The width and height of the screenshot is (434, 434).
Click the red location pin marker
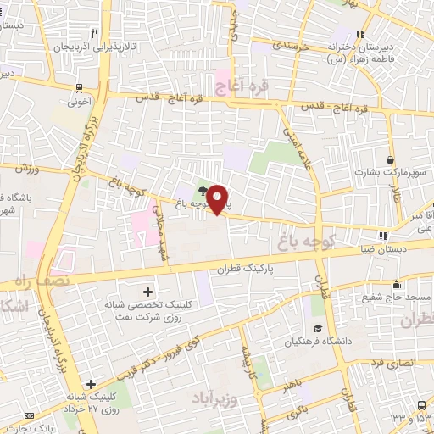[x=218, y=199]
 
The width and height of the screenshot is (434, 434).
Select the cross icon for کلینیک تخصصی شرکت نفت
[x=148, y=292]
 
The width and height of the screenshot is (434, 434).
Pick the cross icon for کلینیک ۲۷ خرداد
[x=91, y=385]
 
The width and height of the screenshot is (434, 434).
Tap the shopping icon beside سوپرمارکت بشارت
[x=389, y=159]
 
